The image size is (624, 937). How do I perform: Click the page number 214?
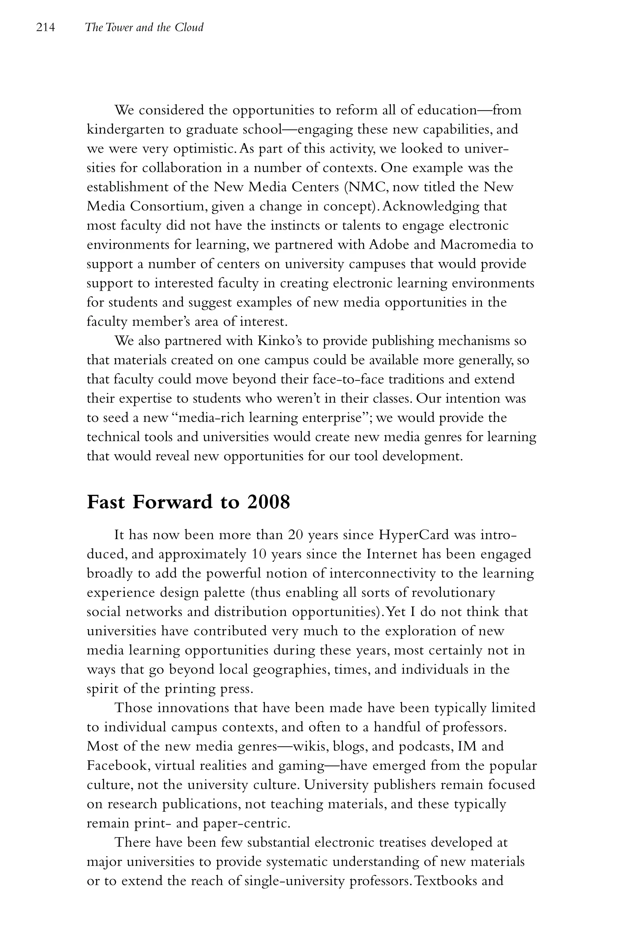pos(45,27)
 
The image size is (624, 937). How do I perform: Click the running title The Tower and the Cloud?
pos(144,27)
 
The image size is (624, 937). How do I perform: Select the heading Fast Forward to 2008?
pos(188,502)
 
